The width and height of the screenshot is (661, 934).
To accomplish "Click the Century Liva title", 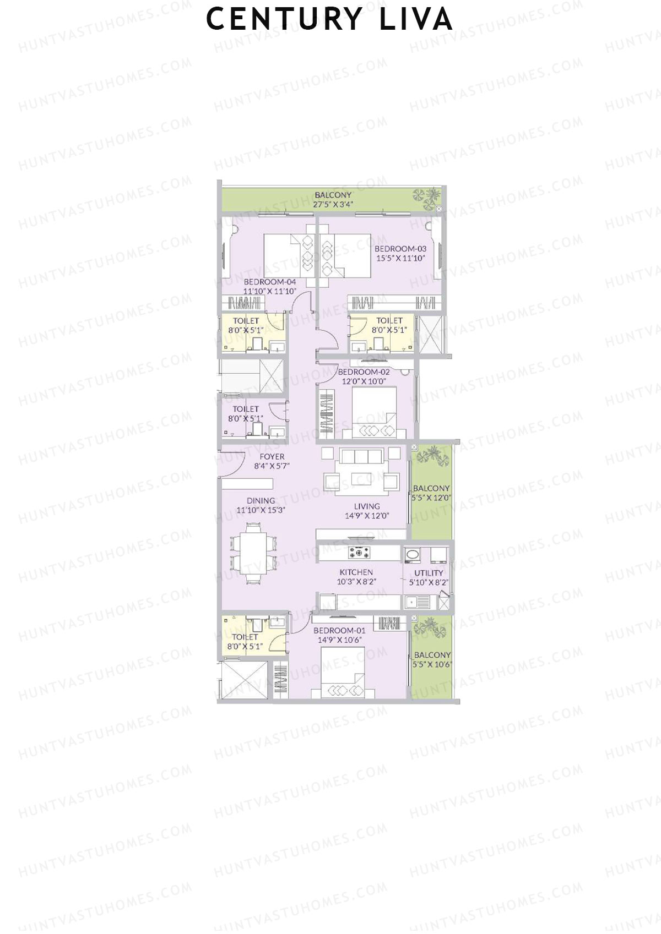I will tap(329, 19).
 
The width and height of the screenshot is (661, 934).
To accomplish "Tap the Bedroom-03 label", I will tap(400, 249).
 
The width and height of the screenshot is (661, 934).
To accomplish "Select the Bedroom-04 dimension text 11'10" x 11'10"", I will tap(270, 292).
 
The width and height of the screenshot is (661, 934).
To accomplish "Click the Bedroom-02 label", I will tap(364, 372).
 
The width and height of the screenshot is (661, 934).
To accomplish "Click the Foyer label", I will tap(272, 456).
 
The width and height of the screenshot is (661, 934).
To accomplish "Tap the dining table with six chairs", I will tap(253, 553).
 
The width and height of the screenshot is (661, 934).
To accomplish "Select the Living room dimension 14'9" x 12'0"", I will tap(367, 516).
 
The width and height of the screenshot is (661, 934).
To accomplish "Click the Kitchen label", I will tap(356, 572).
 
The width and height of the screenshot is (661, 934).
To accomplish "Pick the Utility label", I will tap(429, 573).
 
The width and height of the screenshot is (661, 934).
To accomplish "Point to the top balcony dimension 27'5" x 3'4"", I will tap(333, 204).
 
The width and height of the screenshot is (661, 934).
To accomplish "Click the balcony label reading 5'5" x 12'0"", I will tap(431, 497).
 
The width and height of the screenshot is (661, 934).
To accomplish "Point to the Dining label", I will tap(261, 501).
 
